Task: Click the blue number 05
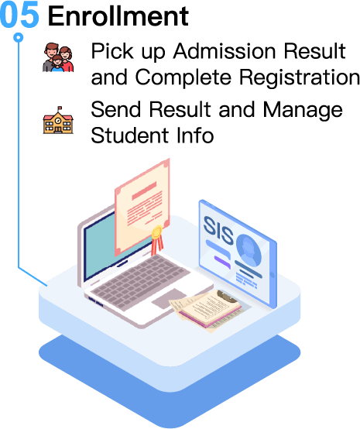19,15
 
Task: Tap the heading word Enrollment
118,15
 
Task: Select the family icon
58,57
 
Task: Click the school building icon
58,120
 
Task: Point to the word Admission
225,51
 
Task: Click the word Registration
300,77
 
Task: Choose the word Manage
303,110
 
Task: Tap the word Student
129,136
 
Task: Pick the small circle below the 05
19,37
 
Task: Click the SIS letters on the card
218,230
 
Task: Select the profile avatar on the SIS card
249,250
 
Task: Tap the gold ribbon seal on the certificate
157,238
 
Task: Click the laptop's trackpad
170,298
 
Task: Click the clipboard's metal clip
227,296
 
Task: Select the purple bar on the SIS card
222,262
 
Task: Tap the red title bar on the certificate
144,191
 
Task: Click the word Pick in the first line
112,51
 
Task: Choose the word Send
115,109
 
